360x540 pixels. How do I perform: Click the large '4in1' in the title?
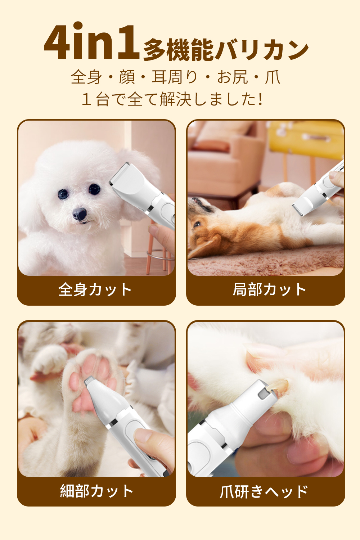tap(92, 41)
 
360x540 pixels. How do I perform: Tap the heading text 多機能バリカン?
tap(226, 49)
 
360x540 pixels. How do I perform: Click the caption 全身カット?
tap(95, 289)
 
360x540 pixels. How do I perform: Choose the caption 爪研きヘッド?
tap(264, 491)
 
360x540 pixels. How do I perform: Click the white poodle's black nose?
tap(80, 214)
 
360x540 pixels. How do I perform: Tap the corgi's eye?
tap(197, 224)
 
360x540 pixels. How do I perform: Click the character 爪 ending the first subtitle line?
tap(273, 77)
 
